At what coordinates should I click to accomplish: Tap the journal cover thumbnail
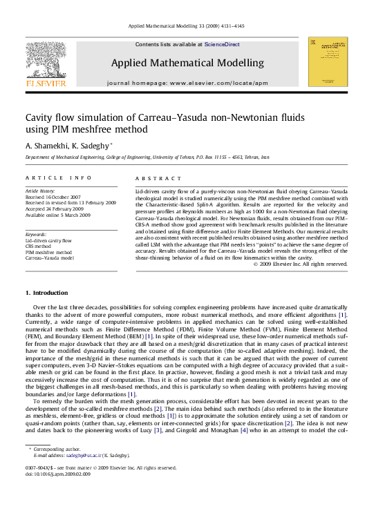pos(327,62)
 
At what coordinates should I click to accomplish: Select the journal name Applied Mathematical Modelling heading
pos(187,63)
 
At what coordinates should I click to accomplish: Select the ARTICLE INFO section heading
pos(58,177)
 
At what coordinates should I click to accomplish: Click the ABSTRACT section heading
pos(153,177)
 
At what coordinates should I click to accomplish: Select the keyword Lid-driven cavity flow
pos(48,241)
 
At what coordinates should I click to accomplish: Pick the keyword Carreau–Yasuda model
pos(49,258)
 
